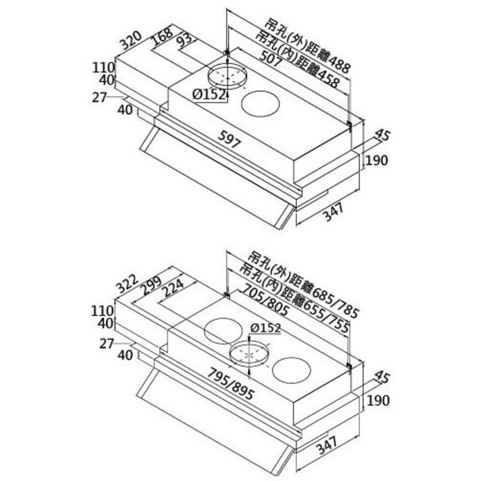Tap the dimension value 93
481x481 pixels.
click(x=187, y=43)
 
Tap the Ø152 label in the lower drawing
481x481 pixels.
click(x=266, y=328)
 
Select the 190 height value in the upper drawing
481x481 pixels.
click(x=377, y=161)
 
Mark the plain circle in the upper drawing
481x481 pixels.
click(x=261, y=104)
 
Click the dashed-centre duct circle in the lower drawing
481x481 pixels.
click(x=249, y=354)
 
